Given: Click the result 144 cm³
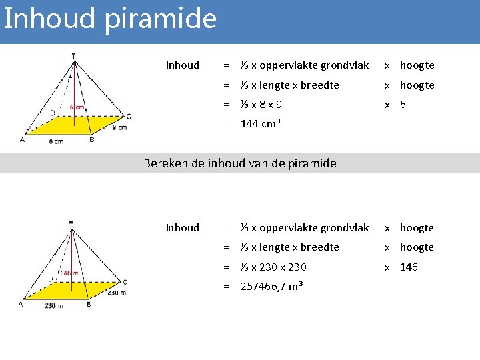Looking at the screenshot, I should (x=260, y=124).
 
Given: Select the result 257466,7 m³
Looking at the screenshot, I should (x=271, y=286).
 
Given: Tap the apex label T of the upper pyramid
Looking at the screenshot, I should (x=73, y=56).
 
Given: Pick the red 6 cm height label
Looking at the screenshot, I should (x=77, y=107).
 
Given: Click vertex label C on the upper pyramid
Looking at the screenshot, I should (x=128, y=116).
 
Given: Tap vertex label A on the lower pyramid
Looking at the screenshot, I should (x=21, y=304).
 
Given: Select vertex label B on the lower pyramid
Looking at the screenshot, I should (x=89, y=305).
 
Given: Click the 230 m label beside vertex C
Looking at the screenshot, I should (x=117, y=292).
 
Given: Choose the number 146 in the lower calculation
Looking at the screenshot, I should (x=409, y=267).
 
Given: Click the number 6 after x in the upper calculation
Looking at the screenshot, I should (x=403, y=105).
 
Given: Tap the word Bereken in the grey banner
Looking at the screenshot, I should (x=166, y=163).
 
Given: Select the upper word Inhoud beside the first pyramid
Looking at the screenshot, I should (x=182, y=65).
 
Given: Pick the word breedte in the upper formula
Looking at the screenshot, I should (x=320, y=85).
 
